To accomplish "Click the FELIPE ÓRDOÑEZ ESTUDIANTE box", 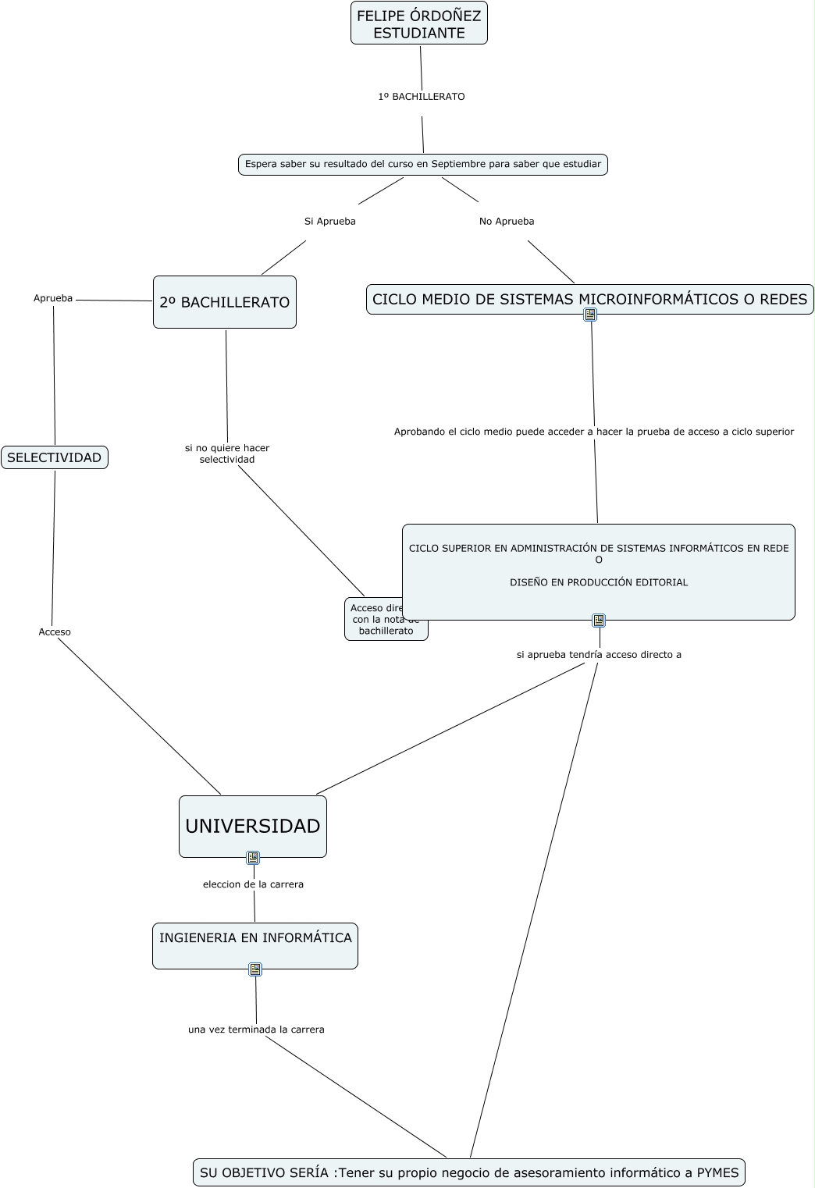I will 419,23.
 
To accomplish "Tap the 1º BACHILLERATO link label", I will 422,97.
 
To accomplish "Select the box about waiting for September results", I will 423,165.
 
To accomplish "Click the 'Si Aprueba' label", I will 329,222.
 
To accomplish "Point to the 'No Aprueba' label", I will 507,222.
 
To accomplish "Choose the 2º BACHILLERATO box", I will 225,302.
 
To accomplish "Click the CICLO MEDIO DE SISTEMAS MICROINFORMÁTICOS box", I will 589,300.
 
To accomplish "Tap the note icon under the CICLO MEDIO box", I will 591,315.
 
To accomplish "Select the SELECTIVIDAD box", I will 55,457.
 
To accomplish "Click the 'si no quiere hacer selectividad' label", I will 227,454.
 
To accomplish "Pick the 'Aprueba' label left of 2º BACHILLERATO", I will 53,298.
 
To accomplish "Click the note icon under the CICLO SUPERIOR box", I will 599,621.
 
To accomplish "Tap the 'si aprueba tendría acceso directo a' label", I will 599,655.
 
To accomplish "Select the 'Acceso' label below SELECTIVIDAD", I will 55,632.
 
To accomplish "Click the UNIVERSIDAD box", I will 253,827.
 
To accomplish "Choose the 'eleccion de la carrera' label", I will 253,884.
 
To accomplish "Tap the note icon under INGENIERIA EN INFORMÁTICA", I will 255,969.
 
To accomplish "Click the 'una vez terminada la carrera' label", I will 256,1030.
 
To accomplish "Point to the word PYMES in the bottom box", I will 717,1172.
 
